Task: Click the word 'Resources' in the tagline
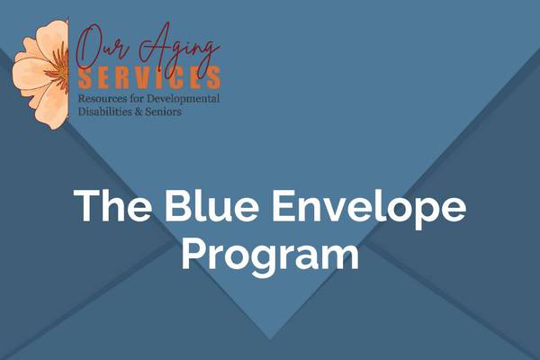click(x=103, y=96)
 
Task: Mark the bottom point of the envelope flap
click(x=270, y=337)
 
